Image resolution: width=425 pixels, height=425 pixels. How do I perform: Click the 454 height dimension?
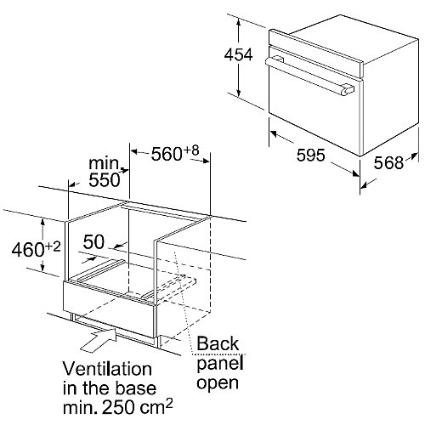click(238, 55)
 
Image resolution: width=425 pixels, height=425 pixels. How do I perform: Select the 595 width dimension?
click(310, 156)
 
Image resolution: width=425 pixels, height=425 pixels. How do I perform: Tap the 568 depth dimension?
click(388, 163)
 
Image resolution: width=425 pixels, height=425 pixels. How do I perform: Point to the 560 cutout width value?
click(167, 154)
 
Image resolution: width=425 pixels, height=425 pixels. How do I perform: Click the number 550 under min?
click(105, 179)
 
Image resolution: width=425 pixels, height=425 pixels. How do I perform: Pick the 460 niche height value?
click(27, 250)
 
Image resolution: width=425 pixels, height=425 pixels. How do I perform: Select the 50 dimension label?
click(93, 242)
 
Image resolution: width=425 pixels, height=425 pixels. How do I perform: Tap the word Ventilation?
click(107, 369)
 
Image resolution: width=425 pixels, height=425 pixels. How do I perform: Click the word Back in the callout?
click(218, 343)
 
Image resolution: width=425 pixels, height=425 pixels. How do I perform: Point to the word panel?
click(220, 364)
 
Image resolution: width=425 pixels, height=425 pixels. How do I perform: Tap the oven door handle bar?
click(309, 75)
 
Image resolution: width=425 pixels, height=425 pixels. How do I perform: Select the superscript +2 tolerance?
click(53, 246)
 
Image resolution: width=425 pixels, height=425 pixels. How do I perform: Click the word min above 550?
click(104, 163)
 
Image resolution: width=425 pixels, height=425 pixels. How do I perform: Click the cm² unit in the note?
click(156, 405)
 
